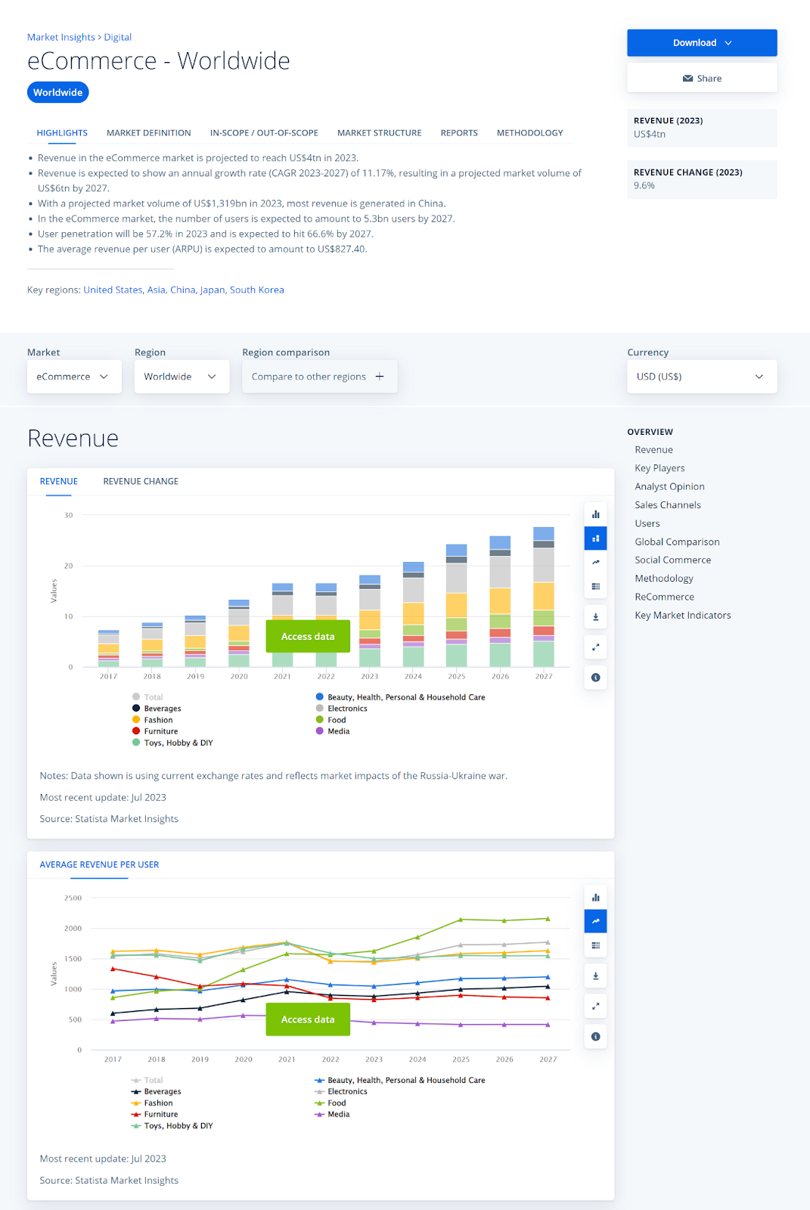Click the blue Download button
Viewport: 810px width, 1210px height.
point(701,43)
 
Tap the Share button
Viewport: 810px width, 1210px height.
point(701,79)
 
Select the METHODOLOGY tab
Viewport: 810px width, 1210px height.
point(529,133)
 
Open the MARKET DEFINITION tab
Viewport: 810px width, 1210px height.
point(148,133)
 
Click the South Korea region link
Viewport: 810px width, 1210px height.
point(256,290)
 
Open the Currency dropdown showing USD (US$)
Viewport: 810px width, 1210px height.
point(701,377)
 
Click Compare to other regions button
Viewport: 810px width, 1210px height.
point(318,377)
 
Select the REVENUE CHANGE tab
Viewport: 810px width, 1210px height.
point(141,482)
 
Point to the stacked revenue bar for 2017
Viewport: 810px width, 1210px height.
point(108,648)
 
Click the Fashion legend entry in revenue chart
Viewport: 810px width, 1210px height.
point(158,720)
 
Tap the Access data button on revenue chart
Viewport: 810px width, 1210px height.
point(308,637)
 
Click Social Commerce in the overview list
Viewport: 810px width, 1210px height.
point(672,560)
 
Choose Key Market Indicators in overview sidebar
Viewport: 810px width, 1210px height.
point(682,616)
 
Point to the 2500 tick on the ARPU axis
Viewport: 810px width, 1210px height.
point(73,898)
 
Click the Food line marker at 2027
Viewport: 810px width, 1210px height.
point(548,919)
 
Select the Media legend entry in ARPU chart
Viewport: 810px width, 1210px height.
point(338,1115)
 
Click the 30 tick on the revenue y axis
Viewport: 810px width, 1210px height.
point(69,516)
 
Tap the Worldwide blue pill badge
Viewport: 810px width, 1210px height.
point(58,92)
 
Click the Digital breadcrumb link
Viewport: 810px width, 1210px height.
point(118,37)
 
